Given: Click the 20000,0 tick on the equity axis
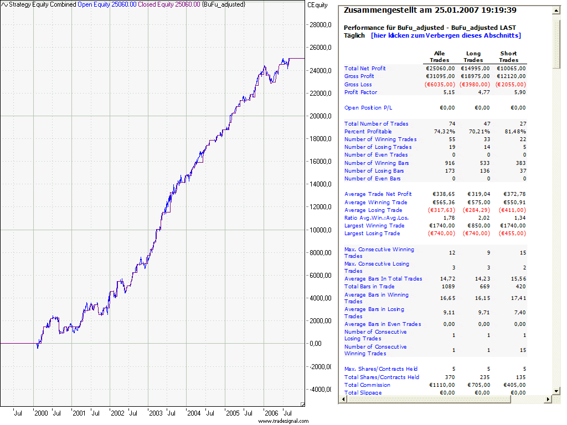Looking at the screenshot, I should pyautogui.click(x=319, y=116).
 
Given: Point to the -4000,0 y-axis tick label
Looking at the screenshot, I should pyautogui.click(x=319, y=389).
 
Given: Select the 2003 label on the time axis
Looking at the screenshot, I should pyautogui.click(x=156, y=413).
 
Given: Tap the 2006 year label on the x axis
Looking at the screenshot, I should pyautogui.click(x=271, y=413).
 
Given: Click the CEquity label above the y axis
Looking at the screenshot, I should pyautogui.click(x=317, y=4).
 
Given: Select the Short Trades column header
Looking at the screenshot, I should pyautogui.click(x=508, y=57).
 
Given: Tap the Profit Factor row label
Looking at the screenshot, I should pyautogui.click(x=360, y=92).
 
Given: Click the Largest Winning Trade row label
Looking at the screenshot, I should pyautogui.click(x=374, y=226).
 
